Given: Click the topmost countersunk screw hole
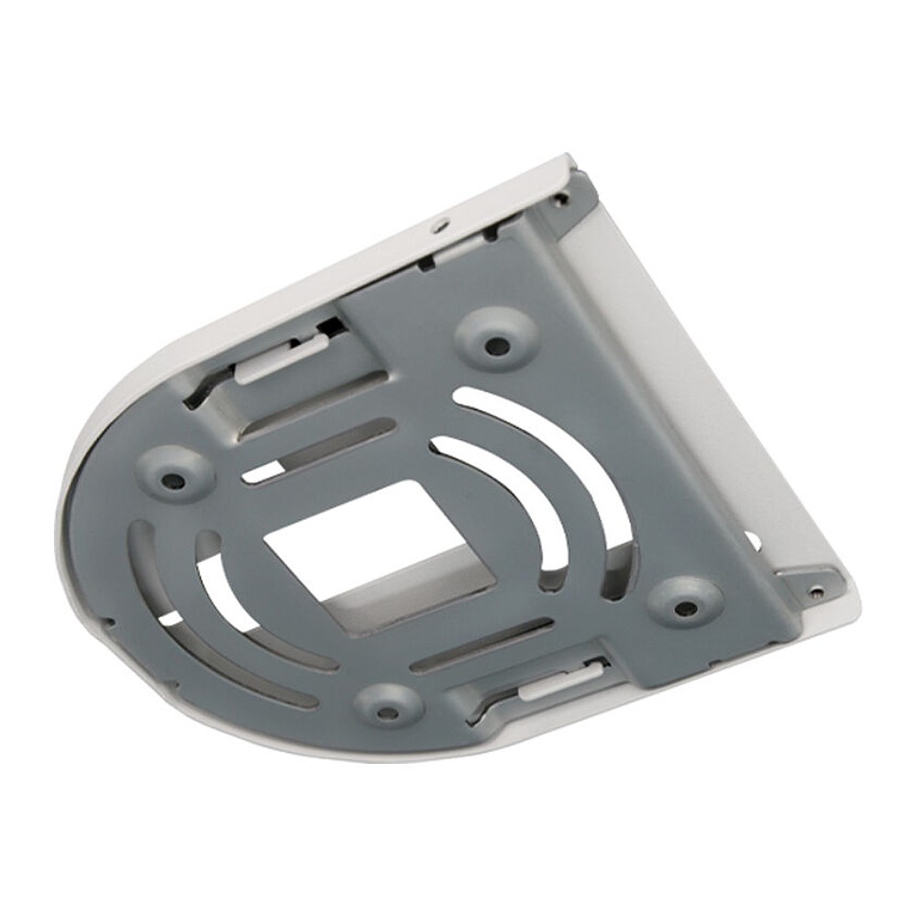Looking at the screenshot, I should click(x=497, y=346).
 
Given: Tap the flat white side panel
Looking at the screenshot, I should click(x=679, y=367).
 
